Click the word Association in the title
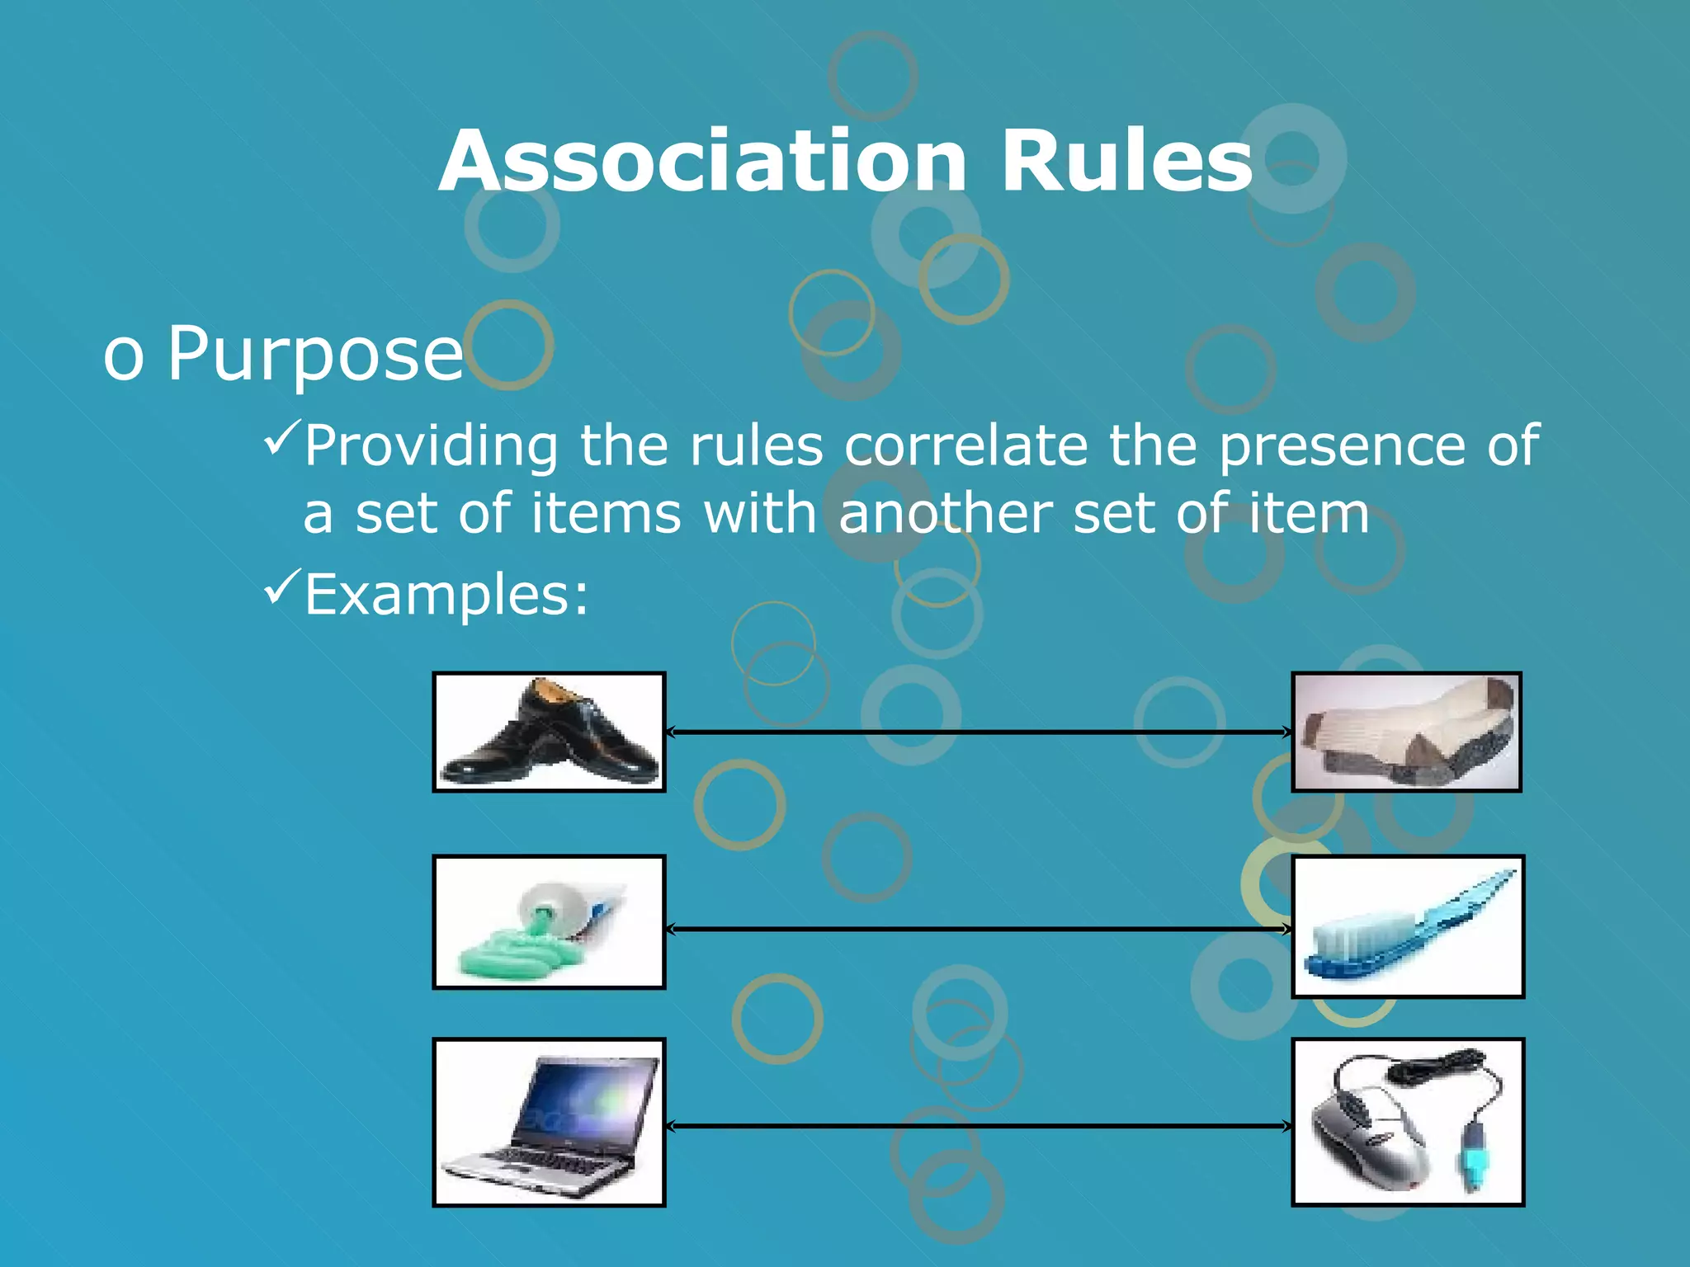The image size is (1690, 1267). (x=702, y=162)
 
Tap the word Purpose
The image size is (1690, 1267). (x=315, y=353)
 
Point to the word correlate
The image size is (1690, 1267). (x=965, y=445)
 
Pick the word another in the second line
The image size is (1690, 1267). (x=945, y=513)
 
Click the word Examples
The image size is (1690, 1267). (x=446, y=594)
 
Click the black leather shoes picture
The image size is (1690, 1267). (x=549, y=732)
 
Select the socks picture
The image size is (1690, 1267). (x=1406, y=732)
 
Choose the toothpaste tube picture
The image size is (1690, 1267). (x=549, y=922)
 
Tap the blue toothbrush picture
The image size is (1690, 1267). (x=1408, y=926)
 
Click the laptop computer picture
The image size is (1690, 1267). (x=549, y=1123)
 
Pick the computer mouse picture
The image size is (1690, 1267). (x=1408, y=1123)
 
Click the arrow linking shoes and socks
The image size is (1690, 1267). (x=978, y=732)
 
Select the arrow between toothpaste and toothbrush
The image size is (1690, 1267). (x=978, y=930)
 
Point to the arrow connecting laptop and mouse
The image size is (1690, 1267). (x=978, y=1126)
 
